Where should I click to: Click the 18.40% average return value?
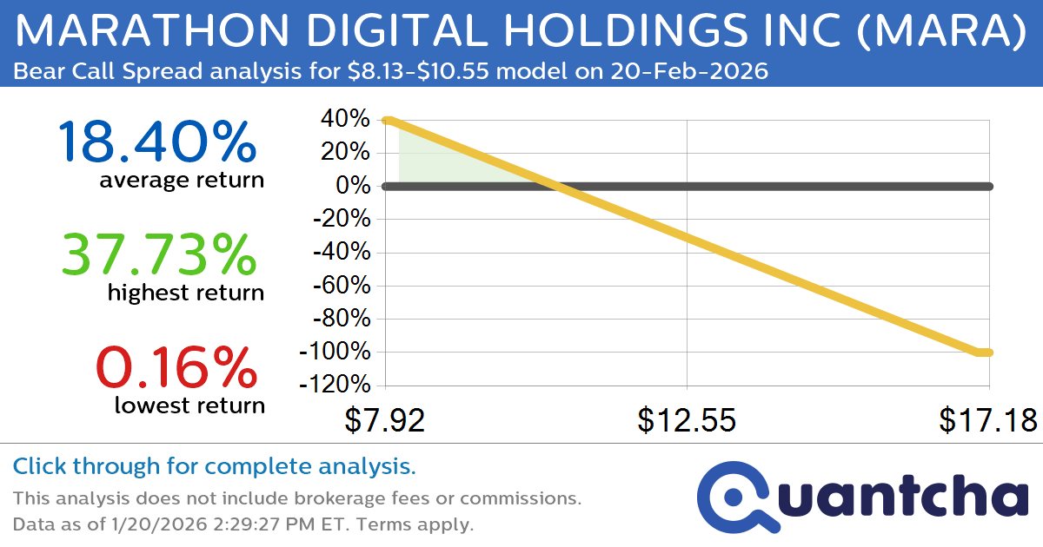[157, 142]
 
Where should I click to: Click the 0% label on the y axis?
[355, 187]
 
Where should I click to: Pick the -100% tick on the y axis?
[335, 353]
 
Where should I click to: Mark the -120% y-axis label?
[335, 386]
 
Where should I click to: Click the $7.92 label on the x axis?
[385, 419]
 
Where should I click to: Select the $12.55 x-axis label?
[687, 419]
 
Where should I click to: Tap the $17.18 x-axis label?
[988, 419]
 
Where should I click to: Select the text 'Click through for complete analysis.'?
[215, 467]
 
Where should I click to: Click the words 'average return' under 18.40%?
[181, 181]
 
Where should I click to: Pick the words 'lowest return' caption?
[189, 405]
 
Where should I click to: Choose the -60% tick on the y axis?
[340, 286]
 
